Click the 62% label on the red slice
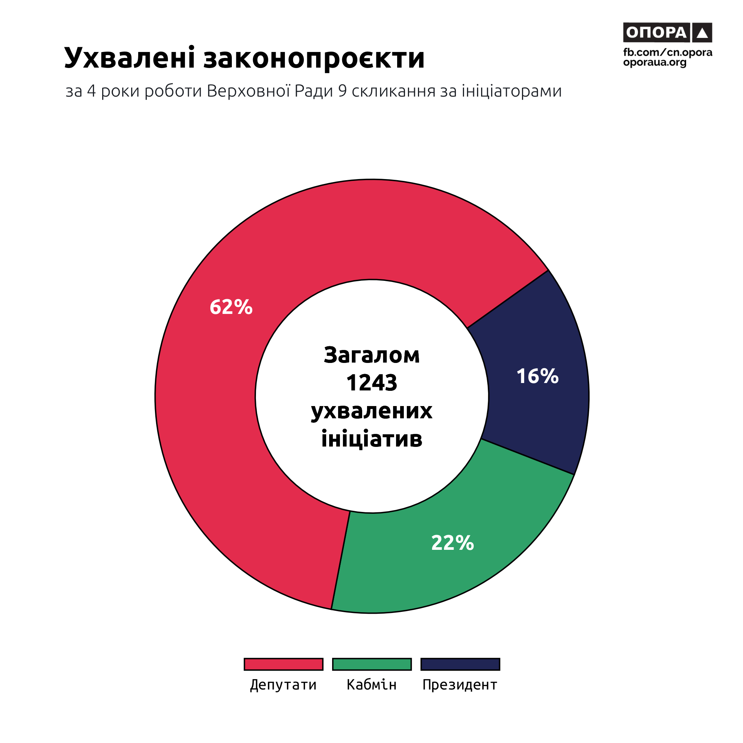[231, 307]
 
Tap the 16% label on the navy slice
[537, 376]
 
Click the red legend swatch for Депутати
[283, 664]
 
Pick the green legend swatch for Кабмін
[372, 664]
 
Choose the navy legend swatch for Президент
[460, 664]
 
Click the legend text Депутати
[283, 685]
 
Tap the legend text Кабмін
[371, 685]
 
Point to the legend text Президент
[460, 685]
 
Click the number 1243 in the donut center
[371, 383]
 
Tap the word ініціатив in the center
[371, 439]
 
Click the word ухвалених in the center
[371, 411]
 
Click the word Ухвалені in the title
[130, 58]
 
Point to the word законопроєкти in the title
[314, 58]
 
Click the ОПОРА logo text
[656, 33]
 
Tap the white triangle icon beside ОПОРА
[702, 33]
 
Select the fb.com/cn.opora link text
[668, 52]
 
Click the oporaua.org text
[655, 62]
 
